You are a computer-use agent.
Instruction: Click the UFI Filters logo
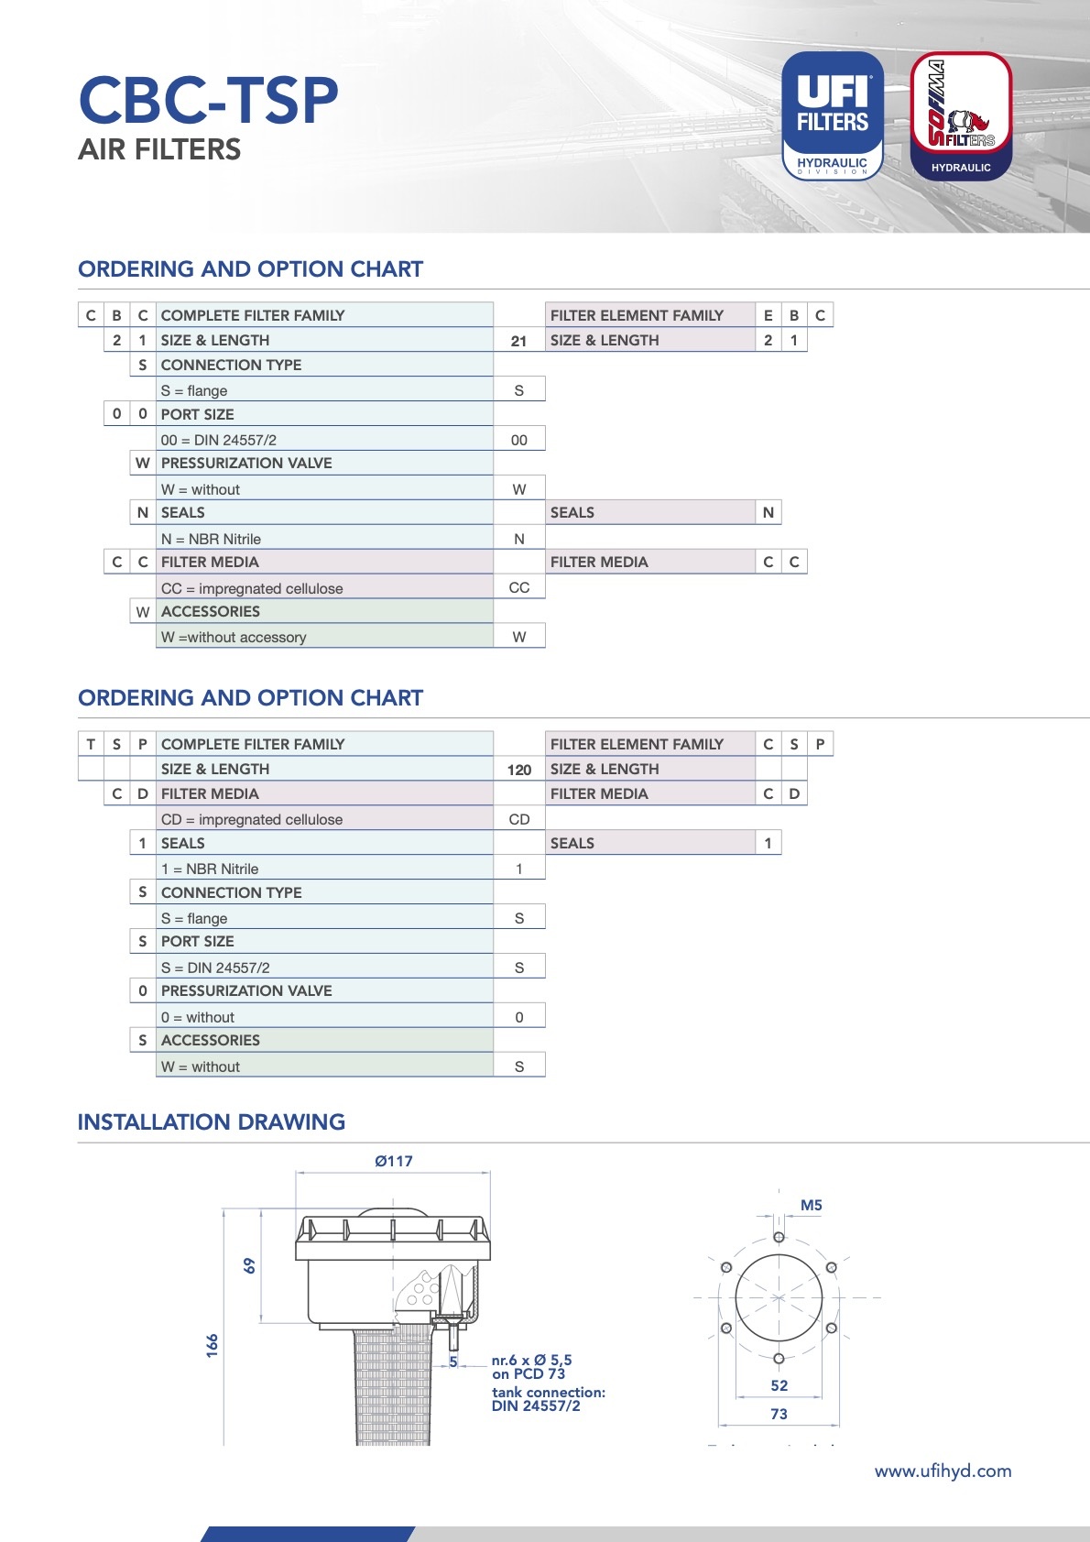click(x=832, y=115)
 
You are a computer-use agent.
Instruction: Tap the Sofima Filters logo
click(x=961, y=115)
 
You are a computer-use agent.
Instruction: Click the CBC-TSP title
click(x=208, y=100)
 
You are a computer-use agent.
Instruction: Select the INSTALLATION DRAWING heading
click(x=212, y=1122)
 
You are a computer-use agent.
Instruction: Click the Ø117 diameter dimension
click(x=394, y=1162)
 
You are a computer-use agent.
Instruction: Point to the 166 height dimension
click(x=213, y=1346)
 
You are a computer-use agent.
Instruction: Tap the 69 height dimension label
click(x=250, y=1266)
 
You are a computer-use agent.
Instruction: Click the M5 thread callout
click(x=811, y=1206)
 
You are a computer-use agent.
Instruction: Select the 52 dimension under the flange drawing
click(x=779, y=1386)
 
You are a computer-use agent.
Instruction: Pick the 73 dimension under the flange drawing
click(x=779, y=1415)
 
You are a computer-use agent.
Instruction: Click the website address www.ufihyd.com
click(x=943, y=1471)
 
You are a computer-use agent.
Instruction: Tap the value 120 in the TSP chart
click(x=519, y=770)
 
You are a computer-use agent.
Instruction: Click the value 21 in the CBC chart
click(x=519, y=341)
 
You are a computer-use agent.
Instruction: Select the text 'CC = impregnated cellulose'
click(x=252, y=588)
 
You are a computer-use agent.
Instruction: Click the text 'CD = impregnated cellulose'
click(x=252, y=819)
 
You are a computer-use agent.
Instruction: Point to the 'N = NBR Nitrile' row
click(x=212, y=539)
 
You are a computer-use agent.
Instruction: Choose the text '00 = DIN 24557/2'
click(x=219, y=440)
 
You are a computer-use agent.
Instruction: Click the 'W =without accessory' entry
click(x=234, y=637)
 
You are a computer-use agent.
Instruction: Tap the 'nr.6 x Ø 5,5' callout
click(x=531, y=1361)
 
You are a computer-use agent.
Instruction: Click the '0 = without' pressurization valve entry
click(x=198, y=1017)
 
